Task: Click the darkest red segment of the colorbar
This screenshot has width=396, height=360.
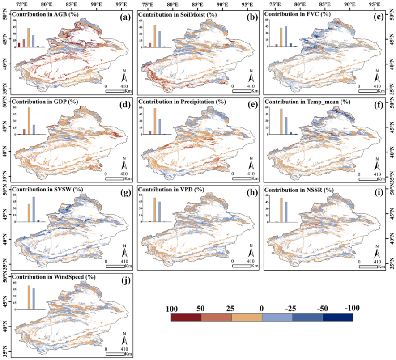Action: click(x=186, y=317)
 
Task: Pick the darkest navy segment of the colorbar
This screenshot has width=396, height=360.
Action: click(x=338, y=317)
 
